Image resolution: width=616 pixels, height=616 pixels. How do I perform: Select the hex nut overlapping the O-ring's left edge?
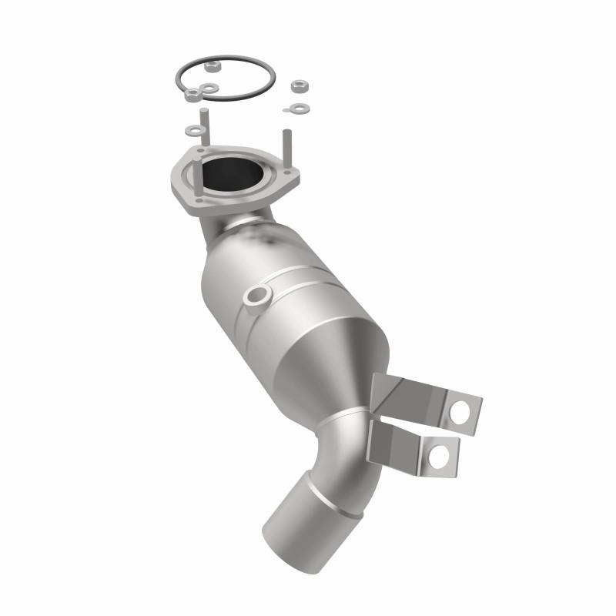[190, 95]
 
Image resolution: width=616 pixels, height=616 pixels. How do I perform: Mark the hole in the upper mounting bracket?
[461, 411]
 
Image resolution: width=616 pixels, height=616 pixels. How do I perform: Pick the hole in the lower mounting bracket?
[440, 457]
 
